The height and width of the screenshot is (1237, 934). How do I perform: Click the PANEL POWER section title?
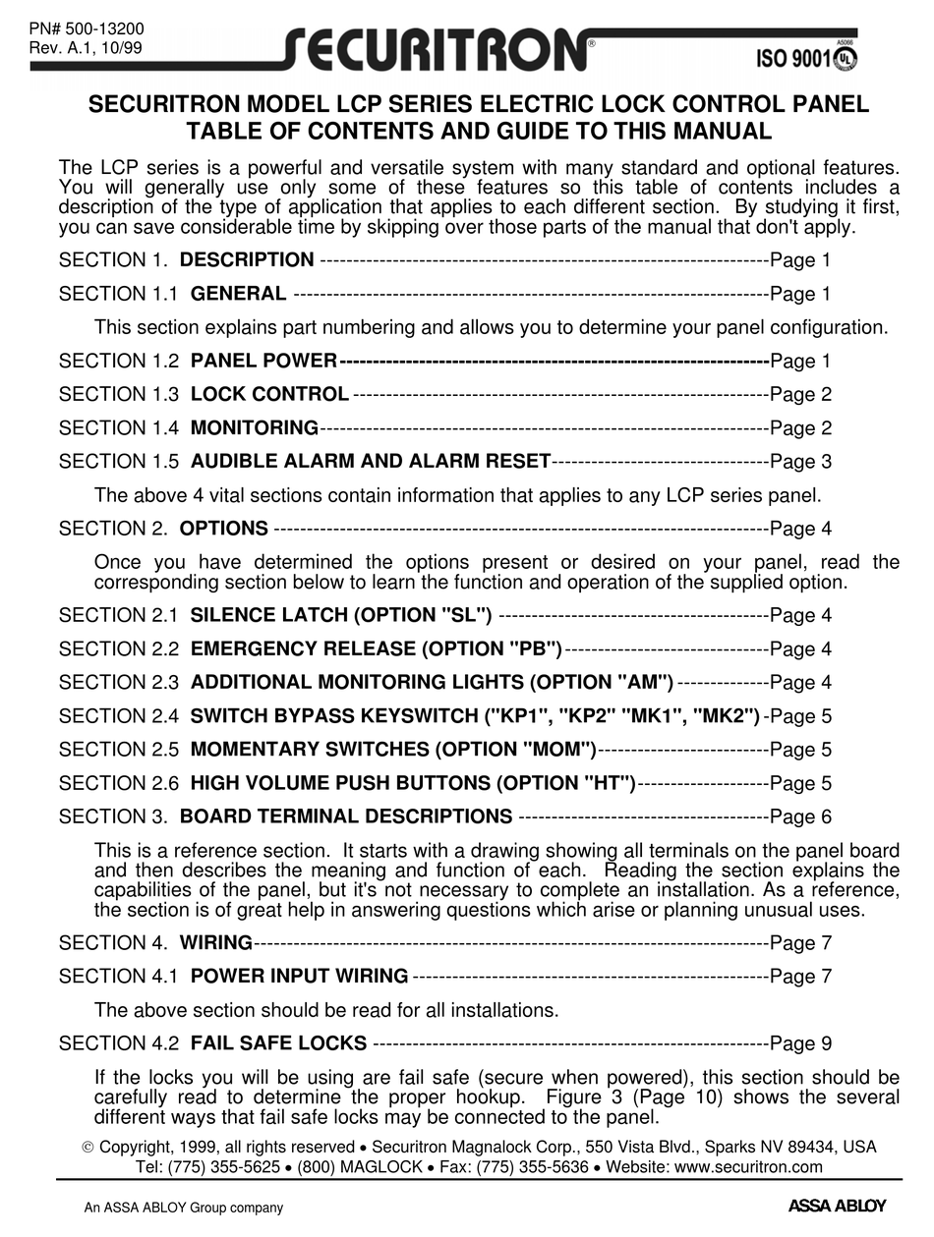pos(263,362)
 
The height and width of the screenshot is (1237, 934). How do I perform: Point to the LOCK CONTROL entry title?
pos(269,395)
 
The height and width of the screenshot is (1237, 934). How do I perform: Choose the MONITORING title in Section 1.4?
pos(254,428)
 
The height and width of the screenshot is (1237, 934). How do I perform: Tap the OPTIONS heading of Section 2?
pos(224,529)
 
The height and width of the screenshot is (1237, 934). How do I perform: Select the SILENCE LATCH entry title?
pos(341,616)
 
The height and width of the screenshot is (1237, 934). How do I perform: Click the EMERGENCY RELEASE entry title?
pos(377,649)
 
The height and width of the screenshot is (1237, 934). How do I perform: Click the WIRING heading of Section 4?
pos(216,943)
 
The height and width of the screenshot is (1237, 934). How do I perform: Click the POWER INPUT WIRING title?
pos(299,977)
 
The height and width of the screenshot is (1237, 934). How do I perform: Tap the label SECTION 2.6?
pos(119,783)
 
